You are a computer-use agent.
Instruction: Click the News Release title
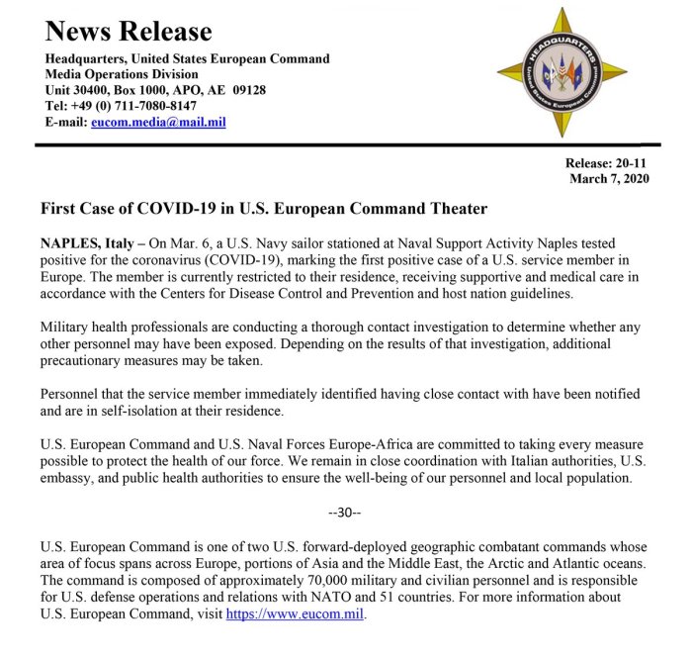tap(129, 33)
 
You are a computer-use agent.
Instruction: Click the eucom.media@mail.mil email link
tap(159, 122)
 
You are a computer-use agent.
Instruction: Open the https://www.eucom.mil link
tap(296, 613)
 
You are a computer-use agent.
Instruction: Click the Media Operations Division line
tap(122, 74)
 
